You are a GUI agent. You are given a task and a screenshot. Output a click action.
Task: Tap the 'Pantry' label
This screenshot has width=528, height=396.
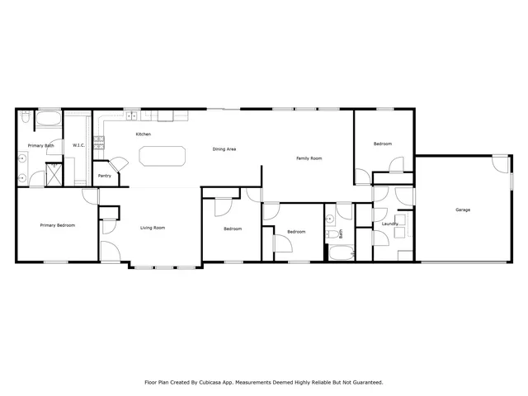(x=105, y=176)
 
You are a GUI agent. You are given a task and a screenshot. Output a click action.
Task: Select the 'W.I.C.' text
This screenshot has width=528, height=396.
(x=79, y=145)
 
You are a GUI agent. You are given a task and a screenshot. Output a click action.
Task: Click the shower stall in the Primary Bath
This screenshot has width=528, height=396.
(x=54, y=176)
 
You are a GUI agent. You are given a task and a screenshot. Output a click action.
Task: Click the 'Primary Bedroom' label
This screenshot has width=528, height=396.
(x=59, y=224)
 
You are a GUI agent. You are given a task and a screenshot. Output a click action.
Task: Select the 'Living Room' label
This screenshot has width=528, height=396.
(x=153, y=228)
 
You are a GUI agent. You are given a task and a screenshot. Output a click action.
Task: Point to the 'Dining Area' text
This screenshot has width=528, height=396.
(x=224, y=149)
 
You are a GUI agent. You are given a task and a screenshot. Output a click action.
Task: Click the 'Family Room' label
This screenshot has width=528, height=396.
(x=309, y=158)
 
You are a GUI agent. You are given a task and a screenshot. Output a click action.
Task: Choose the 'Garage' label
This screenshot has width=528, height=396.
(x=463, y=210)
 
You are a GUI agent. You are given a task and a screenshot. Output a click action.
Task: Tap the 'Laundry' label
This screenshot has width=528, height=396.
(x=390, y=224)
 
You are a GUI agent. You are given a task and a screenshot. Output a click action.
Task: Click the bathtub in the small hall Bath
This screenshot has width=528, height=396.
(x=341, y=252)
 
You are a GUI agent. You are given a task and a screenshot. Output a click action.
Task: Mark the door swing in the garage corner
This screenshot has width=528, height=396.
(x=500, y=163)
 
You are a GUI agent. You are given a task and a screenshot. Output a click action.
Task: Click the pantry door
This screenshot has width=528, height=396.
(x=120, y=166)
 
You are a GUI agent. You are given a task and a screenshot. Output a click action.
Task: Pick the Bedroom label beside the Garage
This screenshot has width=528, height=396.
(x=382, y=144)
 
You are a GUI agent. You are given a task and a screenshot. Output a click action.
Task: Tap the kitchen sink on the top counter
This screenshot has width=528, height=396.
(x=132, y=115)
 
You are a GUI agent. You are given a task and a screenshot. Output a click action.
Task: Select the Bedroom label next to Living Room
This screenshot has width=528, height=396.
(x=232, y=229)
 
